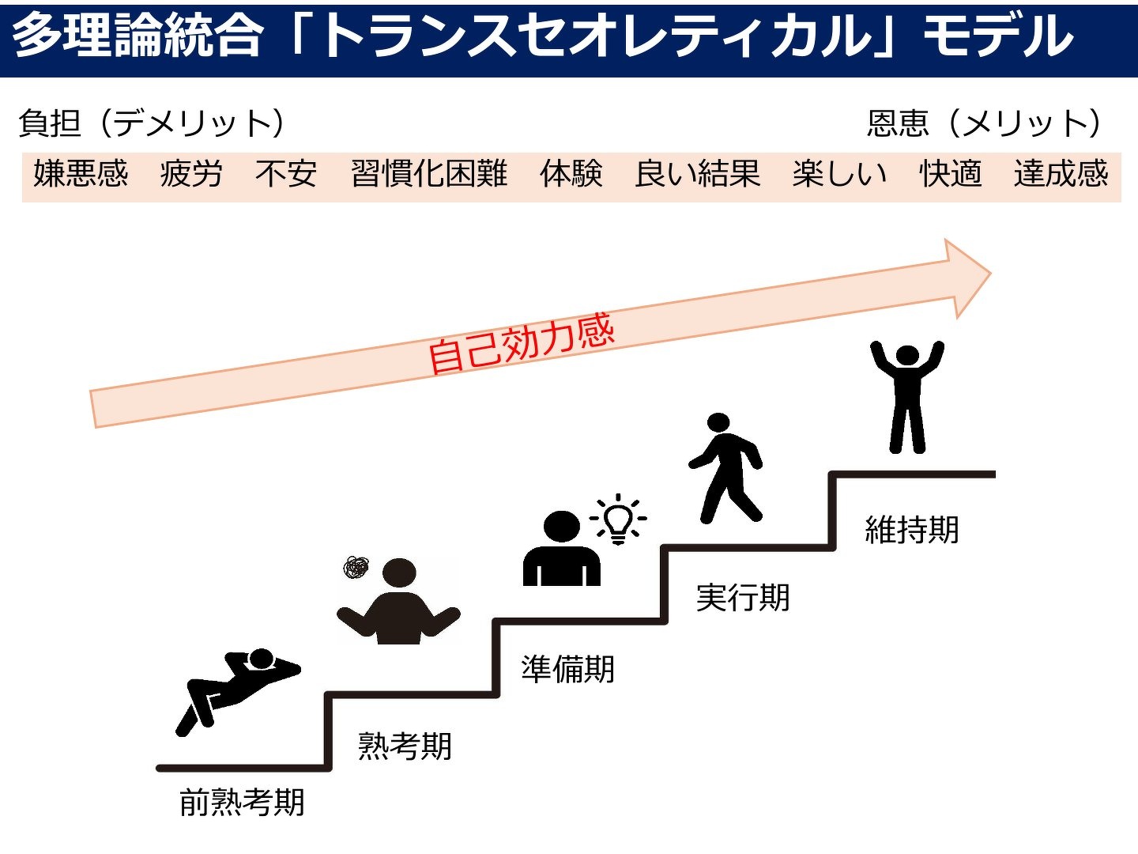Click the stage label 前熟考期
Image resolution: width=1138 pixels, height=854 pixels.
[x=242, y=803]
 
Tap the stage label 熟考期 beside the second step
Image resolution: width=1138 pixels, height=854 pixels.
[x=405, y=746]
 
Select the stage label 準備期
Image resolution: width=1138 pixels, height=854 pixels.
[x=567, y=669]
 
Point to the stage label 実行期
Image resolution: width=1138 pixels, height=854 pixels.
[x=742, y=598]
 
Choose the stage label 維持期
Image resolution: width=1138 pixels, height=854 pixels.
[x=912, y=530]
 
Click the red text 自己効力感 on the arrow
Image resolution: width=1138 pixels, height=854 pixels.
[x=521, y=343]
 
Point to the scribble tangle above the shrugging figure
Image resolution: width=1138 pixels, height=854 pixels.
[x=356, y=566]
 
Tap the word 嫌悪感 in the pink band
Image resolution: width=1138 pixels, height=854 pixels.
[x=81, y=174]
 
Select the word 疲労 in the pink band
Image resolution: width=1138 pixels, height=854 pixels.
[x=191, y=174]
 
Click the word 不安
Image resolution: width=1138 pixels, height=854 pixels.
[x=286, y=174]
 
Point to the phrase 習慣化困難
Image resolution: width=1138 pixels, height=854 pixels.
[x=429, y=174]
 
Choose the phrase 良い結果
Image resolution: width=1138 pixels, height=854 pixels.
[x=697, y=174]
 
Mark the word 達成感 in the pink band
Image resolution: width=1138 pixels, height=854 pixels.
[x=1061, y=174]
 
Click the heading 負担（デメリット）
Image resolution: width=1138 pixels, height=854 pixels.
[x=152, y=123]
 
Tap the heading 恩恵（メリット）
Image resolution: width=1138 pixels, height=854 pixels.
[x=985, y=123]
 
